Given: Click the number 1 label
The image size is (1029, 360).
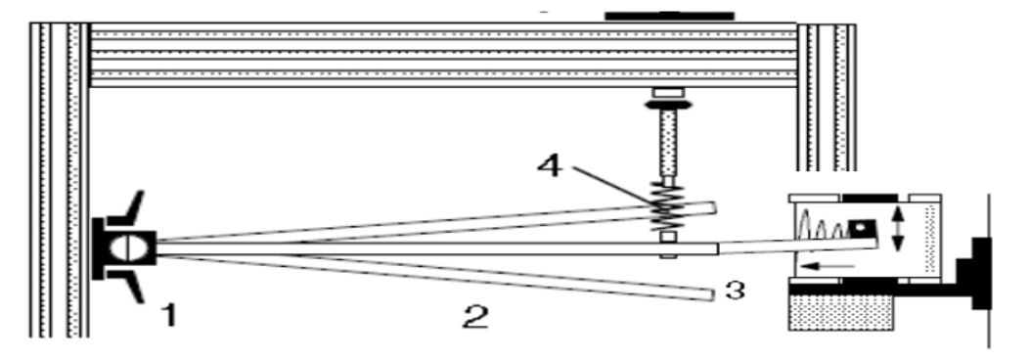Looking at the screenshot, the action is coord(170,315).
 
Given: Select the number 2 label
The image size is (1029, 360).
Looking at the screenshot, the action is coord(475,318).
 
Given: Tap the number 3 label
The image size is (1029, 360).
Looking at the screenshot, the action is coord(736,290).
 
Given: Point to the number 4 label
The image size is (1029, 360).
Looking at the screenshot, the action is coord(550,166).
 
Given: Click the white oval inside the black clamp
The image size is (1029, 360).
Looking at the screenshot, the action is coord(123,247).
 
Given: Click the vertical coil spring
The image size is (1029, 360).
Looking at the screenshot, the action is coord(667,207).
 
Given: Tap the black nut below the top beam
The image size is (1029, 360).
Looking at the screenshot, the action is coord(668,105).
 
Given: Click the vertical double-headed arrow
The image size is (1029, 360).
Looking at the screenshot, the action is coord(898,228).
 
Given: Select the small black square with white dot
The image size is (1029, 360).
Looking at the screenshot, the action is coord(861,229).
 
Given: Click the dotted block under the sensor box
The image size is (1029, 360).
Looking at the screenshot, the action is coord(840,312).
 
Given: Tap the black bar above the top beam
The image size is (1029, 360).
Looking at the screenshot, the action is coord(669,16).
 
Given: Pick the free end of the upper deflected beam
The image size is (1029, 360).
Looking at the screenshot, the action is coord(713,207).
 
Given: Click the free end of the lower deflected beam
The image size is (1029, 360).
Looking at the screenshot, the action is coord(710,294).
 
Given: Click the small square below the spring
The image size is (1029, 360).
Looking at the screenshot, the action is coord(668,237).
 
